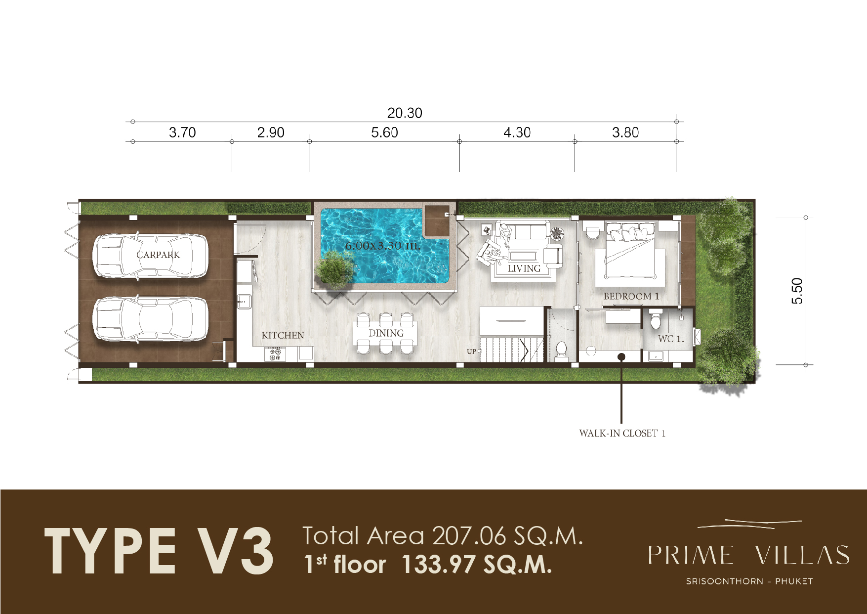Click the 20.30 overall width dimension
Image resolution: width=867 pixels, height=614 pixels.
[405, 113]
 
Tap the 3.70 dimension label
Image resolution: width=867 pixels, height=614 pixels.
[182, 132]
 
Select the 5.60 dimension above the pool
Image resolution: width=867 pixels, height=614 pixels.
[384, 132]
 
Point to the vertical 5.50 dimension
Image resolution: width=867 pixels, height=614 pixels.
[797, 291]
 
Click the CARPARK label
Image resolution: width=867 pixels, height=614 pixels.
[159, 255]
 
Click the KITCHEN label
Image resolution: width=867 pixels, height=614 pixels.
[283, 335]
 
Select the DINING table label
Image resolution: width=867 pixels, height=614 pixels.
[386, 333]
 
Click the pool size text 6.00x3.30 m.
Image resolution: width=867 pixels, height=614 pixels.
[383, 245]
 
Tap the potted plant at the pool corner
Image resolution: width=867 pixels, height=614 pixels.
[335, 269]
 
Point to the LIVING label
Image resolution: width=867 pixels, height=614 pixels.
[524, 268]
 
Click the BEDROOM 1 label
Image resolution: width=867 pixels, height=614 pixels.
[631, 296]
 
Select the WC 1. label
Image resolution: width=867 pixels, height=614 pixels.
[671, 339]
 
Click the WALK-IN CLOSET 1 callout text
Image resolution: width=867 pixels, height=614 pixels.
[622, 433]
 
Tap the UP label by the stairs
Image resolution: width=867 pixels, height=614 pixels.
[471, 351]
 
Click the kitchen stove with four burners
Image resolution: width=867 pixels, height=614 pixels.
[275, 354]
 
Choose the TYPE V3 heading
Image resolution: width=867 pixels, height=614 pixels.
[159, 551]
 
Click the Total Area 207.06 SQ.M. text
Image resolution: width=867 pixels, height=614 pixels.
[443, 536]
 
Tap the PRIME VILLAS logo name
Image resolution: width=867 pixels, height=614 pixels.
[748, 555]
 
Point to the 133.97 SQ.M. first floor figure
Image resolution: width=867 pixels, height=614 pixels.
[477, 565]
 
